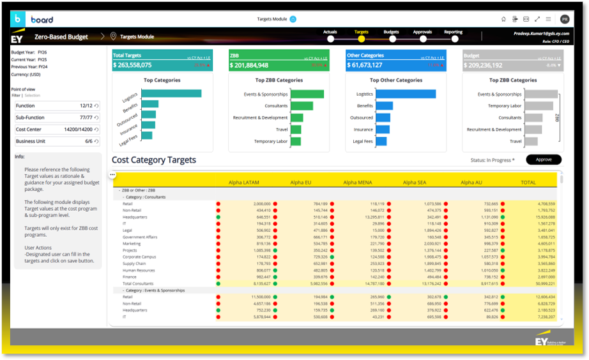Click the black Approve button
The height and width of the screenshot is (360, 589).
[543, 160]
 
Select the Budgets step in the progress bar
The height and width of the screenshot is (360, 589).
[391, 38]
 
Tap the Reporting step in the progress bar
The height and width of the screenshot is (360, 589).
[453, 38]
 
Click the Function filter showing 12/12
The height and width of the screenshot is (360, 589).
[57, 106]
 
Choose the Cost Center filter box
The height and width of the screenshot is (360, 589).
[57, 129]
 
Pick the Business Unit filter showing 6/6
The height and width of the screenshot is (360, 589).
[57, 141]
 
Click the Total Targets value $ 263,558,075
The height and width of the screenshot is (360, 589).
[133, 65]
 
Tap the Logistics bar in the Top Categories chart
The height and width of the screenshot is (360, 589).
[171, 93]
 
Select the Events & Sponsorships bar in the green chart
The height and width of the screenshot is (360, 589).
[307, 94]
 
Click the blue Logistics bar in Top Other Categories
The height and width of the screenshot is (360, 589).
[406, 94]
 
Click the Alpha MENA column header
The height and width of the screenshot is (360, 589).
[357, 183]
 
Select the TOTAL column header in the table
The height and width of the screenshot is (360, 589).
[528, 183]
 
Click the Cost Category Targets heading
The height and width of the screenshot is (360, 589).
[154, 160]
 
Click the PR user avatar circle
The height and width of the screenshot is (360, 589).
[564, 19]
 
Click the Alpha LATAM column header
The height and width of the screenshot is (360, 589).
[243, 183]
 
